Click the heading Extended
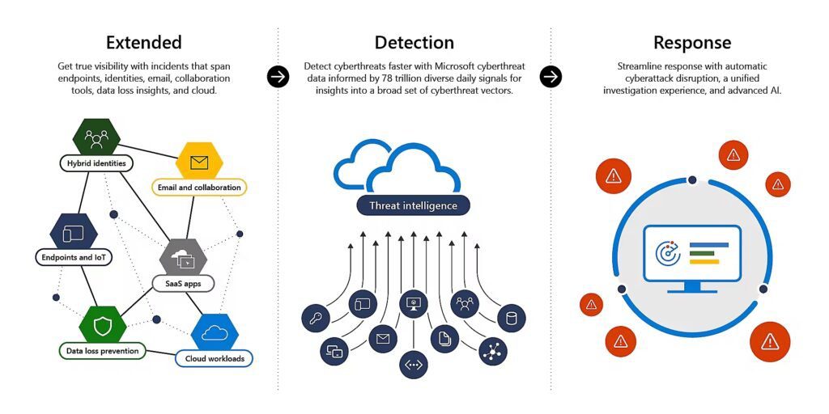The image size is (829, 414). point(143,43)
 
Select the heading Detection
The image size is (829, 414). point(414,43)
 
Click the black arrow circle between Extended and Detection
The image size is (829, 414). point(278,77)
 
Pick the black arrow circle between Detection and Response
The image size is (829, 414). point(551,77)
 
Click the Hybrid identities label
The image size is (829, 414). point(96,163)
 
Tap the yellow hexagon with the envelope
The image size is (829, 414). point(199,162)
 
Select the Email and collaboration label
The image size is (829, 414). point(198,188)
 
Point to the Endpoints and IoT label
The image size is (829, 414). point(73,258)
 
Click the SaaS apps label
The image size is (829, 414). point(183,284)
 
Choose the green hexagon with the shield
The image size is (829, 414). point(103,325)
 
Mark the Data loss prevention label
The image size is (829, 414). point(102,351)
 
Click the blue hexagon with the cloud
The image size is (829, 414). point(215,332)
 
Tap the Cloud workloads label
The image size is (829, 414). point(214,358)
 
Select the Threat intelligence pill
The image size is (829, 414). point(413,205)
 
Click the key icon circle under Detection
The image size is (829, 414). point(315,318)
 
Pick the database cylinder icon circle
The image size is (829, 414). point(511,318)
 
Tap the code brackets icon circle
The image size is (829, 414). point(413,365)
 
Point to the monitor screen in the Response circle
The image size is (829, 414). point(691,253)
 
